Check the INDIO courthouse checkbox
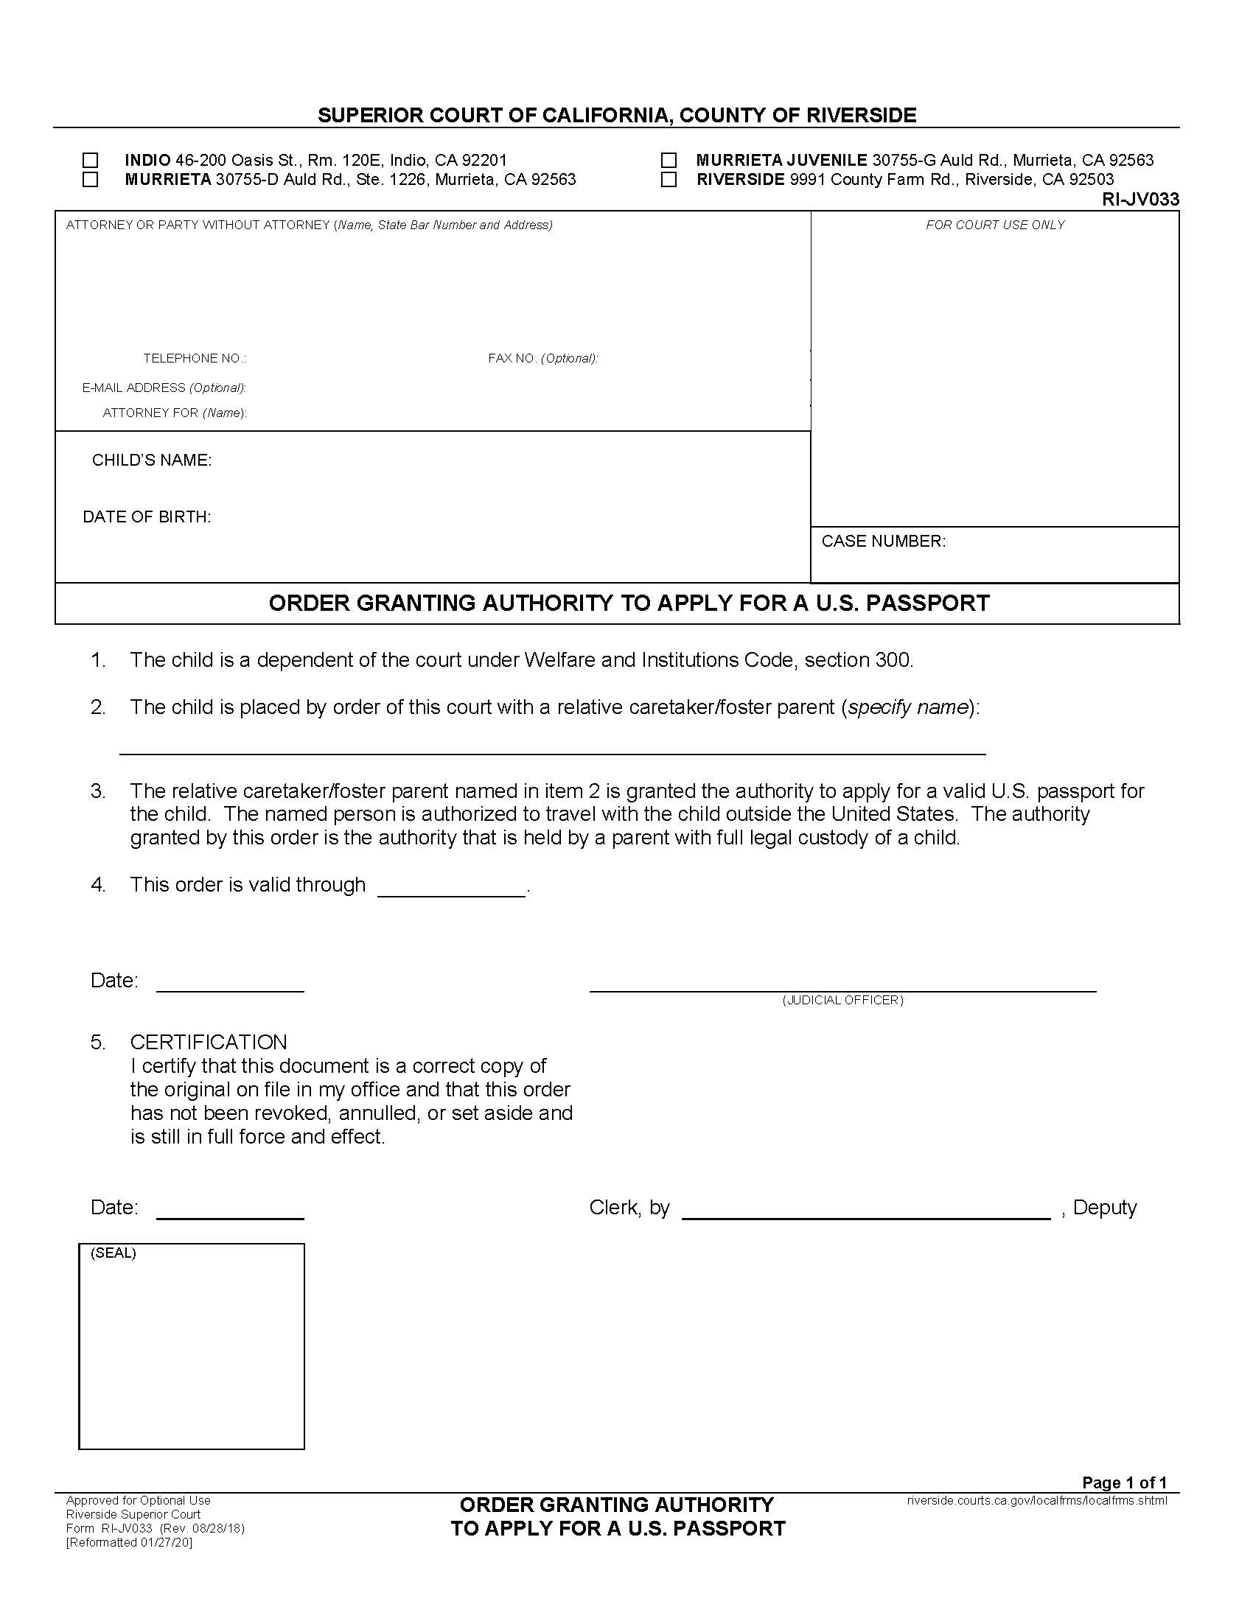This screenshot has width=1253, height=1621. coord(90,161)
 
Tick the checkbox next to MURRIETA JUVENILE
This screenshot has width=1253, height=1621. coord(669,161)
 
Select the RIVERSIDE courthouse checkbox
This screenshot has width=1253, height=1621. coord(669,180)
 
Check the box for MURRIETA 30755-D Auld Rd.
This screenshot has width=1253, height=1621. coord(90,180)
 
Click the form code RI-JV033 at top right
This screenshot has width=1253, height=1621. coord(1140,199)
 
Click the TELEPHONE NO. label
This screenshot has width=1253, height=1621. coord(195,359)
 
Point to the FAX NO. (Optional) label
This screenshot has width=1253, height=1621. coord(542,359)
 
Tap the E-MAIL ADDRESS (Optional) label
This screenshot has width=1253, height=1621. coord(164,388)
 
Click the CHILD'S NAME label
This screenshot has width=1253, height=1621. coord(151,461)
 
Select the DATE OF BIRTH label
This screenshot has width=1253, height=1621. coord(147,517)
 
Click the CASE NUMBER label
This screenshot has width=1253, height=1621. coord(883,541)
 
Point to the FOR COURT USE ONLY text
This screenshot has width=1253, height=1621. coord(995,225)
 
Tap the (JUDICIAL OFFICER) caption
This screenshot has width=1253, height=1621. coord(842,1000)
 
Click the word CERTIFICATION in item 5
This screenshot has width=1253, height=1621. coord(209,1041)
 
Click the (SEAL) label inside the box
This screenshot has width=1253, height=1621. coord(114,1253)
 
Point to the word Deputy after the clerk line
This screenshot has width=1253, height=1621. coord(1105,1207)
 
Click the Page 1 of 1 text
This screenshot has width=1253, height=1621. coord(1124,1482)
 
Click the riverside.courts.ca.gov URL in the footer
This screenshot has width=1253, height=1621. coord(1037,1500)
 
